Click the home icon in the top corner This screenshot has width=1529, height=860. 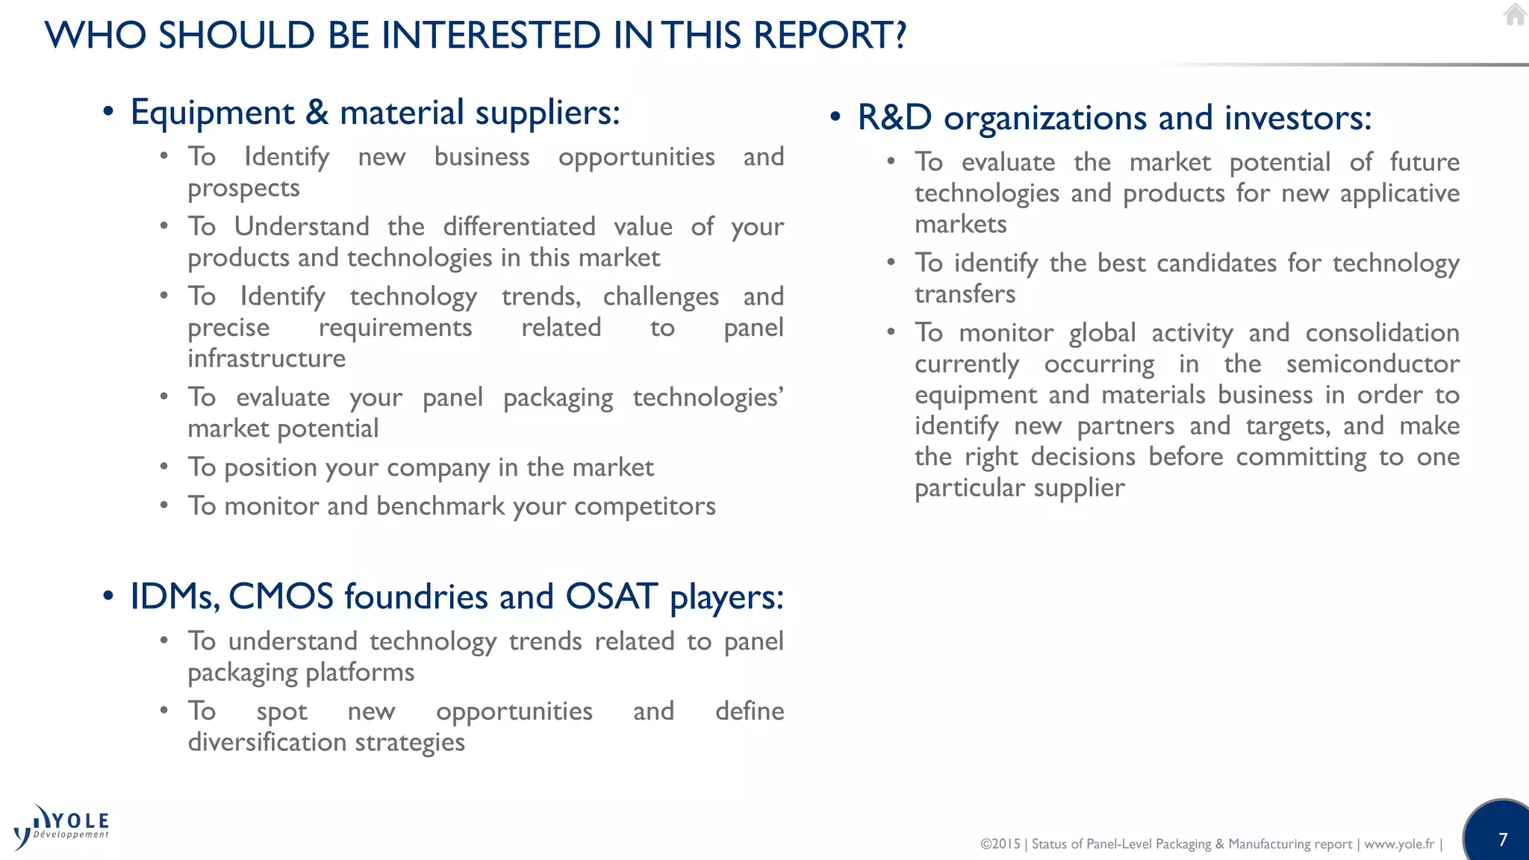[1515, 14]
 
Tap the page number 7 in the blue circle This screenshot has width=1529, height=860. [1503, 839]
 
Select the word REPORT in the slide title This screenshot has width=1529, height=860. [829, 35]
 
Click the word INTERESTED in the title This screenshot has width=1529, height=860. [491, 35]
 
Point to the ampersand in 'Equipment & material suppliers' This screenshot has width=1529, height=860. [317, 113]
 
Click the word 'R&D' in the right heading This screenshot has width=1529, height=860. [894, 118]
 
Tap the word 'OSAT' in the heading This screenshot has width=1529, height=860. [611, 596]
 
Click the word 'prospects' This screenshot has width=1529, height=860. [243, 189]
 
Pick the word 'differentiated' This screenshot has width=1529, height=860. [519, 226]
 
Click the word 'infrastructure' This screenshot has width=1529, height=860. [267, 358]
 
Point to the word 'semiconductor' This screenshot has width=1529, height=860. [1372, 364]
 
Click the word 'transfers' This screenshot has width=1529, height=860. [965, 294]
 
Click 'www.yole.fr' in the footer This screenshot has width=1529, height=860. [1399, 844]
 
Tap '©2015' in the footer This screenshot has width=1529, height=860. [1000, 844]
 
